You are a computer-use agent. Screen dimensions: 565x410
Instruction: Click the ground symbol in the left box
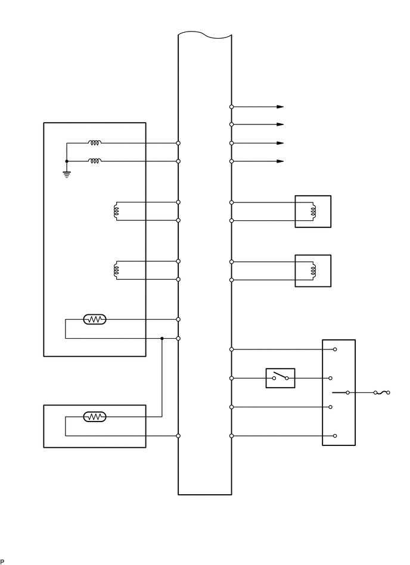(66, 174)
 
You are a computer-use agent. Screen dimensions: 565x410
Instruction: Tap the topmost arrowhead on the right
(280, 107)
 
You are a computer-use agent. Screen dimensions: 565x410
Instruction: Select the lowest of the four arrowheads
(280, 161)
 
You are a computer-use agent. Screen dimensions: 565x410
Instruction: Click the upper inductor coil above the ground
(95, 143)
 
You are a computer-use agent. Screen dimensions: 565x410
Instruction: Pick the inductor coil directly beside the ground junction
(95, 161)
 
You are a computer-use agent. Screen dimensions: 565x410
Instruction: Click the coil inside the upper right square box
(310, 211)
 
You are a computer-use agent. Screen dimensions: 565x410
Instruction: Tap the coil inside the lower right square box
(310, 270)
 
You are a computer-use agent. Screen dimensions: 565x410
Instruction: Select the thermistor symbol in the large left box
(95, 320)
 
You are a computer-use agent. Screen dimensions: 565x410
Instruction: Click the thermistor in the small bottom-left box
(95, 417)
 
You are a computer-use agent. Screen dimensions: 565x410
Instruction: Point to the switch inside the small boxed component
(280, 377)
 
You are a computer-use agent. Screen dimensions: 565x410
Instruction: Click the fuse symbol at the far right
(381, 393)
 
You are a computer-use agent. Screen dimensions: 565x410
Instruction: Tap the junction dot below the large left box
(162, 338)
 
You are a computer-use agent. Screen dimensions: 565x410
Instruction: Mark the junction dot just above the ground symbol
(66, 161)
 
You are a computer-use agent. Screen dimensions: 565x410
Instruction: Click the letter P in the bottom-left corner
(2, 561)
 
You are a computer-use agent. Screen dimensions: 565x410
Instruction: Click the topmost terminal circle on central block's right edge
(231, 107)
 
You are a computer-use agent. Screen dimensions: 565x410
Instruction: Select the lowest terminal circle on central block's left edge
(179, 436)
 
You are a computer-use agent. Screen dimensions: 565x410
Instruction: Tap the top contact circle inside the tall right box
(335, 349)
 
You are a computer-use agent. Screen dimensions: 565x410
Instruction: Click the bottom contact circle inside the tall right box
(335, 436)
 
